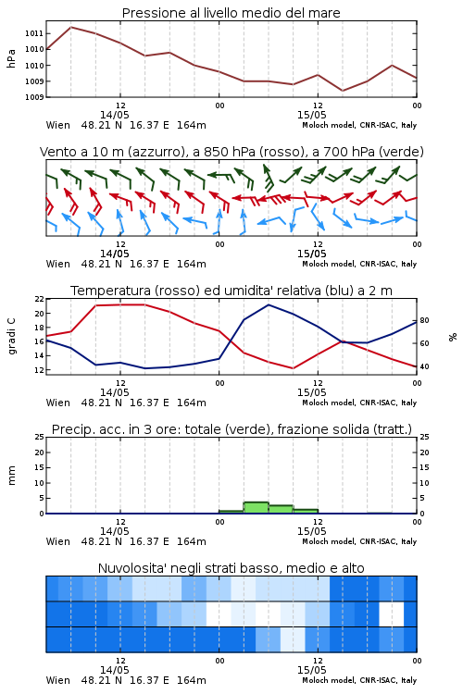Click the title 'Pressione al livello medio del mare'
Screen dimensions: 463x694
click(x=231, y=13)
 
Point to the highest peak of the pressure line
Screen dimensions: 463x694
click(x=71, y=27)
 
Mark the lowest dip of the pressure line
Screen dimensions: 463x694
click(x=342, y=91)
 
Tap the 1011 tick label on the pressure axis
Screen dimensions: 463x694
click(x=34, y=33)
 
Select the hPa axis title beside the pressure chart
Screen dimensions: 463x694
click(x=11, y=58)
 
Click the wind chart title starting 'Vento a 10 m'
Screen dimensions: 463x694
click(x=231, y=152)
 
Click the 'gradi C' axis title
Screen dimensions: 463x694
click(x=12, y=337)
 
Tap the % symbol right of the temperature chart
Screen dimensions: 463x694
click(x=453, y=337)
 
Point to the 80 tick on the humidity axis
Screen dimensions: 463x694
click(x=424, y=320)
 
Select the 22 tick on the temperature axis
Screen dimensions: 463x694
click(x=40, y=299)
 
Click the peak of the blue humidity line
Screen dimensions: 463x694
click(x=269, y=304)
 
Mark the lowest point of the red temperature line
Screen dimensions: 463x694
click(x=293, y=368)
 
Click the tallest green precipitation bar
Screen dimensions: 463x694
click(x=257, y=508)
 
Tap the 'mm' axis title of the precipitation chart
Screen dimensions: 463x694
click(x=11, y=476)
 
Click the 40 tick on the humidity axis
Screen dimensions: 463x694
click(x=424, y=366)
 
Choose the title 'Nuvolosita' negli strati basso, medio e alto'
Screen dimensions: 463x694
click(x=231, y=568)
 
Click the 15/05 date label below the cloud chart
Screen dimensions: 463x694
click(x=311, y=670)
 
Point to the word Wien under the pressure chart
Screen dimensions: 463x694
click(x=58, y=125)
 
